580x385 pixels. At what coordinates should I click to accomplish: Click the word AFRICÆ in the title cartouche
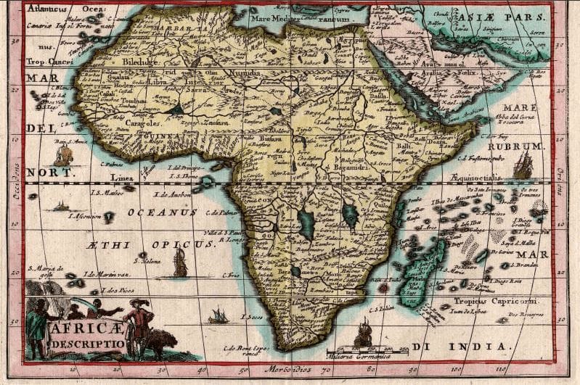click(76, 327)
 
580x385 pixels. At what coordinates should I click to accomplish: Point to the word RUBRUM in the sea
click(520, 146)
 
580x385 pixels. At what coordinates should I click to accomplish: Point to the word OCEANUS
click(162, 212)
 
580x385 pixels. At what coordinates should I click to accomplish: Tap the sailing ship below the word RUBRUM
click(523, 165)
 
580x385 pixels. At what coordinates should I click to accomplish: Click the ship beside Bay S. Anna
click(64, 154)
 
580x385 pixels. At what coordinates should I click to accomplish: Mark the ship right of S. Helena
click(180, 263)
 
